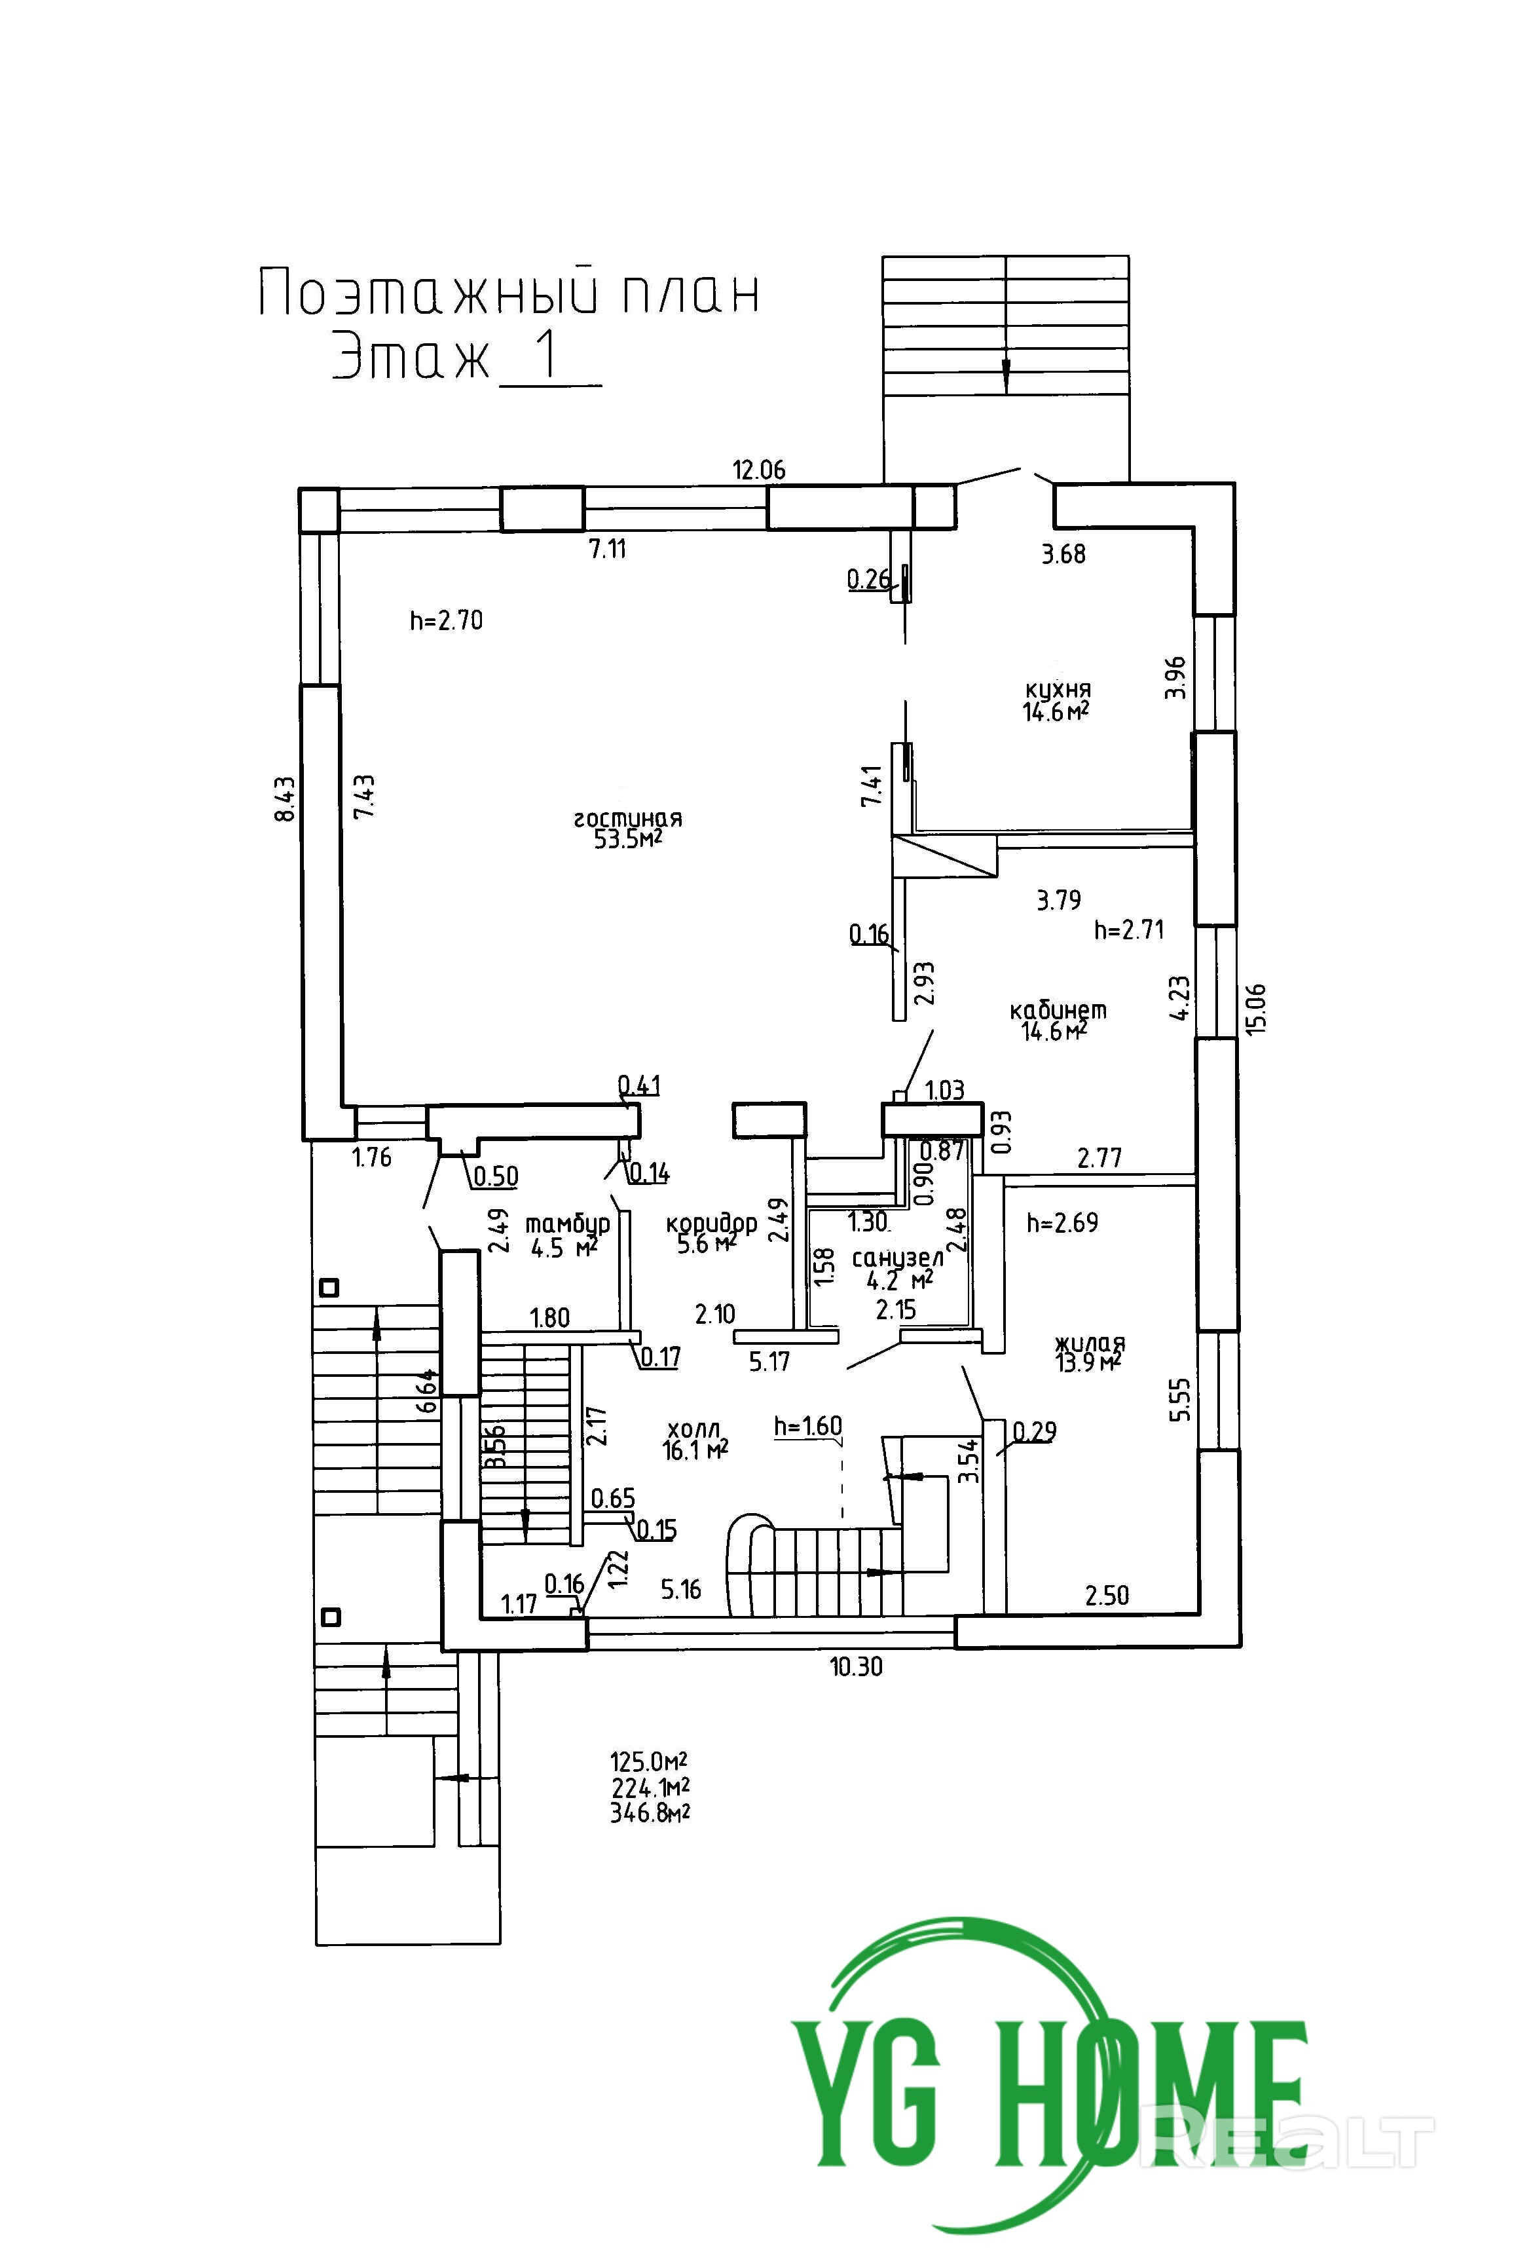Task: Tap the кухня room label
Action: coord(1058,690)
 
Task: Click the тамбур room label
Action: coord(568,1224)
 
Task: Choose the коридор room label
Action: coord(712,1224)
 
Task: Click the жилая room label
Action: coord(1090,1343)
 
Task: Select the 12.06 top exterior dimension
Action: coord(759,470)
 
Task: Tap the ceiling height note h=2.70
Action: coord(446,620)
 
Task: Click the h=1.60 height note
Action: coord(808,1425)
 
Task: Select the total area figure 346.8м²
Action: coord(650,1812)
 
